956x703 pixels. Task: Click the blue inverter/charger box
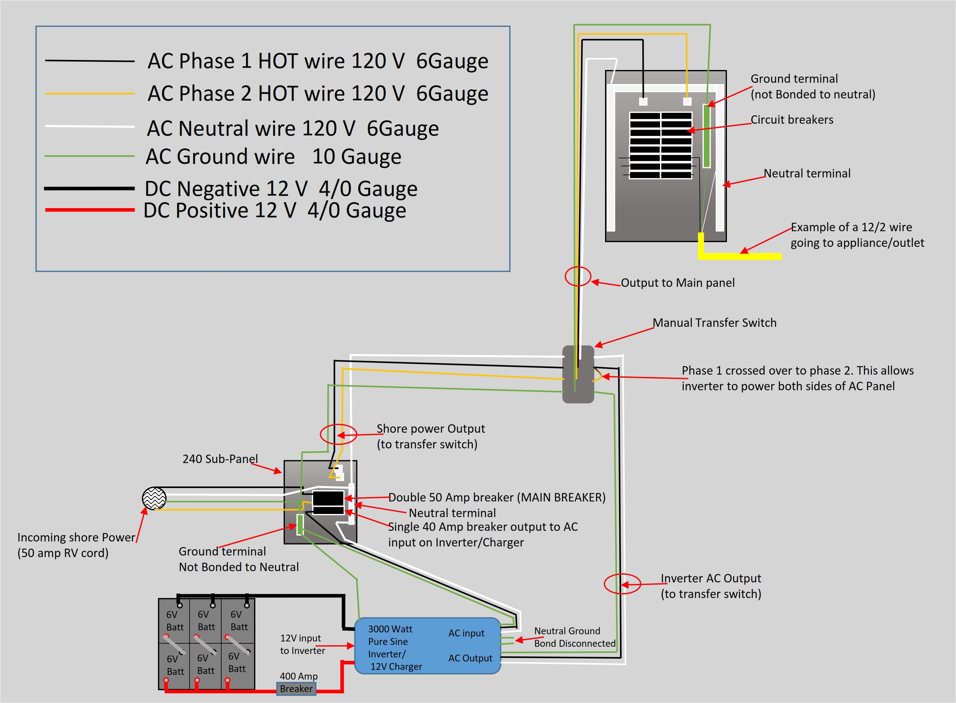click(x=427, y=646)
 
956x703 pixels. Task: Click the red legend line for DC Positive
click(x=90, y=210)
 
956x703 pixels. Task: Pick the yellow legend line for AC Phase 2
click(x=90, y=93)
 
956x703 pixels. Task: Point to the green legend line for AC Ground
click(x=90, y=156)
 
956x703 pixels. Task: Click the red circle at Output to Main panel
click(x=578, y=277)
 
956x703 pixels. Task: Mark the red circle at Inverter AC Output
click(x=622, y=584)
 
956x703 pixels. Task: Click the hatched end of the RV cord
click(x=154, y=498)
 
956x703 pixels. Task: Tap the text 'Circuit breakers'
click(x=792, y=120)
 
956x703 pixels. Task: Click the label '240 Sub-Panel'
click(x=220, y=459)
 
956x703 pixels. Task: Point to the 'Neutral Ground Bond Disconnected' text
click(x=575, y=637)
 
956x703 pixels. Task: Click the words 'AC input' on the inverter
click(x=466, y=633)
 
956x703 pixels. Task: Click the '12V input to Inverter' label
click(x=302, y=644)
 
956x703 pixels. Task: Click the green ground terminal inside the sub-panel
click(x=300, y=524)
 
